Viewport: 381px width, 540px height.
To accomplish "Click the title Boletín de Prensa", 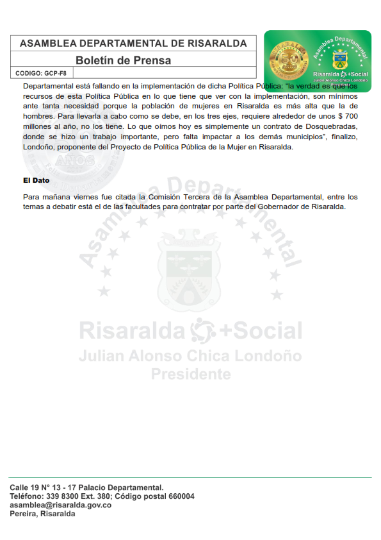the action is click(x=123, y=60).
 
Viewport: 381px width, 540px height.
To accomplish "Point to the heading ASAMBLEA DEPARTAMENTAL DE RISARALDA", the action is click(x=133, y=44).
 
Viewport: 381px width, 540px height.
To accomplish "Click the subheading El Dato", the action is click(x=36, y=181).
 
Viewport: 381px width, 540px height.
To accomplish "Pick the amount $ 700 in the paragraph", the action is click(x=346, y=115).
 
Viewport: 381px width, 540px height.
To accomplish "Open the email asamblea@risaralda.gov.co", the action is click(x=60, y=505).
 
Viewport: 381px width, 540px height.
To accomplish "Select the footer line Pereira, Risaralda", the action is click(x=42, y=514).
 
